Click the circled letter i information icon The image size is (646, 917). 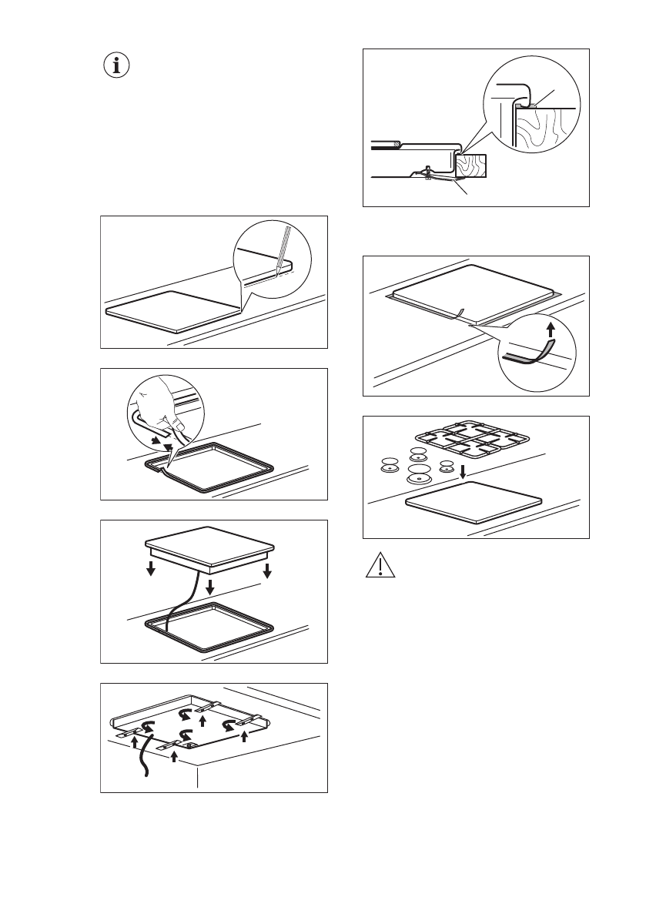tap(117, 66)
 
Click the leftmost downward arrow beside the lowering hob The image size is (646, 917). tap(152, 569)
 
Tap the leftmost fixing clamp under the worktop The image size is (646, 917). tap(129, 733)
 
